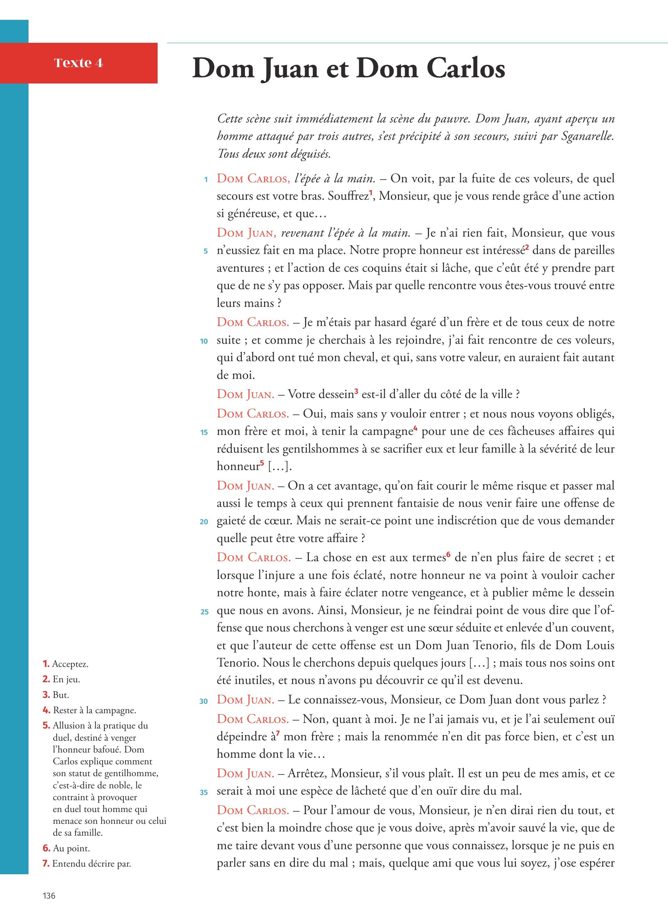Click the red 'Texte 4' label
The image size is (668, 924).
click(x=78, y=63)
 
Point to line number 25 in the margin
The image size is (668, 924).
click(x=205, y=612)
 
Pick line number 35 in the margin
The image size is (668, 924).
click(x=204, y=792)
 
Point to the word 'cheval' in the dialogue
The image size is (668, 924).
click(x=362, y=358)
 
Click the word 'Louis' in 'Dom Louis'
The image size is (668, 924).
click(x=599, y=645)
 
